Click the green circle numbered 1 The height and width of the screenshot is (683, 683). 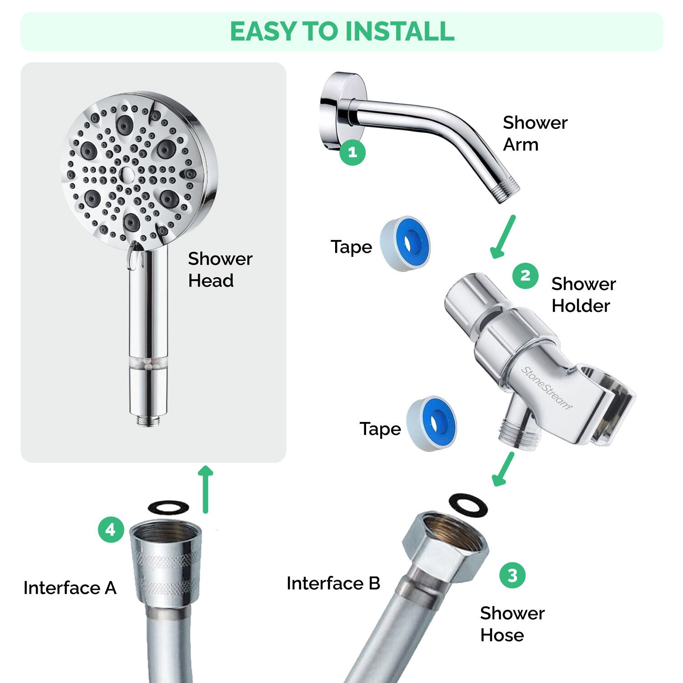click(x=352, y=152)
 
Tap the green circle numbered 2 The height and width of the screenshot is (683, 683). click(x=525, y=276)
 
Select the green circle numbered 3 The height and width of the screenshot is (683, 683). click(x=512, y=575)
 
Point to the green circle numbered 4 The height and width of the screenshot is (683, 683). click(x=111, y=530)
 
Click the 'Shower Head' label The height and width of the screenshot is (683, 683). click(x=219, y=270)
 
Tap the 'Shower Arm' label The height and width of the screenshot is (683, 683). click(x=535, y=133)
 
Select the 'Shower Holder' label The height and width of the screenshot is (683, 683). click(x=583, y=295)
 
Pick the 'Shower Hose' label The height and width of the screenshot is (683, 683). click(x=512, y=624)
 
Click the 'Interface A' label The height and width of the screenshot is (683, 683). click(x=70, y=588)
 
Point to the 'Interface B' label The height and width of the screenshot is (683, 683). click(x=333, y=583)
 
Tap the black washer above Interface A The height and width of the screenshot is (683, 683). click(x=168, y=507)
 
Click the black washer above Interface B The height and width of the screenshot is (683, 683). click(x=468, y=505)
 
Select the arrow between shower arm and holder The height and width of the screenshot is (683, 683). click(x=503, y=237)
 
